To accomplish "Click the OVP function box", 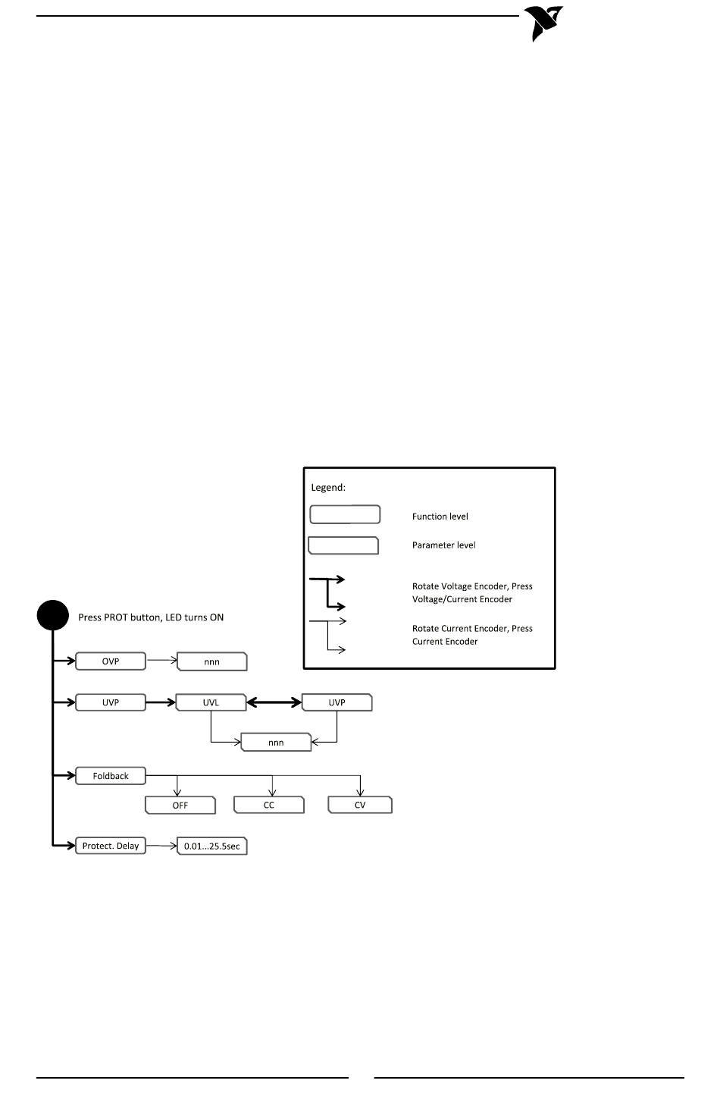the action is (111, 661).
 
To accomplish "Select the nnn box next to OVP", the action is (212, 661).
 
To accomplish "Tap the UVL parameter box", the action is (211, 702).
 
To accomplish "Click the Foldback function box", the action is (111, 775).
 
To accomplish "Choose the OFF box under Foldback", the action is (180, 805).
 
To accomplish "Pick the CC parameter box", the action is (269, 805).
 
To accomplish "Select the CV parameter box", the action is (360, 805).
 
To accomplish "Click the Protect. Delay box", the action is (111, 846).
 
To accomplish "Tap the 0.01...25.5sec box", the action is (212, 846).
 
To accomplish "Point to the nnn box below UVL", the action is (276, 742).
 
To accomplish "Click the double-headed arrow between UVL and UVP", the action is (274, 702).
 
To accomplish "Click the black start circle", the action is (52, 615).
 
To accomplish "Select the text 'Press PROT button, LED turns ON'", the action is (151, 617).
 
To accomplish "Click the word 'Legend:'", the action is (328, 488).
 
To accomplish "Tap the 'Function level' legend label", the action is (440, 517).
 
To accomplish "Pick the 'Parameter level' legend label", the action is (443, 545).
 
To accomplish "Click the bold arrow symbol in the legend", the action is (327, 593).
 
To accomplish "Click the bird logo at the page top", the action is (543, 22).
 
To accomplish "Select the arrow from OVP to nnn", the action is (162, 660).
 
